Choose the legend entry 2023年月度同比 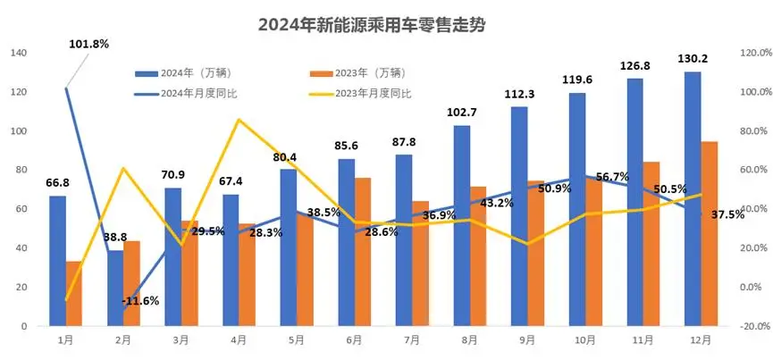click(371, 93)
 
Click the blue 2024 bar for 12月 click(693, 198)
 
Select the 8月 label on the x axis click(469, 340)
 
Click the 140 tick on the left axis click(17, 54)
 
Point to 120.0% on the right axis click(750, 54)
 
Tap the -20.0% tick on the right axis click(750, 326)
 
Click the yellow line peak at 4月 click(239, 120)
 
